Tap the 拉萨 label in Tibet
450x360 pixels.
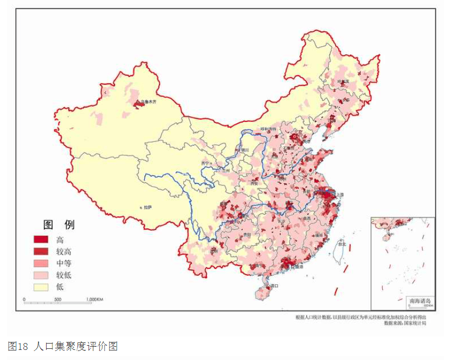(x=148, y=207)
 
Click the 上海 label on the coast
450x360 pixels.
(x=340, y=195)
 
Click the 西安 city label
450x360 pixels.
(x=254, y=182)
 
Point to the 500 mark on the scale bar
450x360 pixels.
(x=57, y=300)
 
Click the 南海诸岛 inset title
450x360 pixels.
(x=420, y=302)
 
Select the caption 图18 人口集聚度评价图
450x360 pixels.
(x=63, y=347)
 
